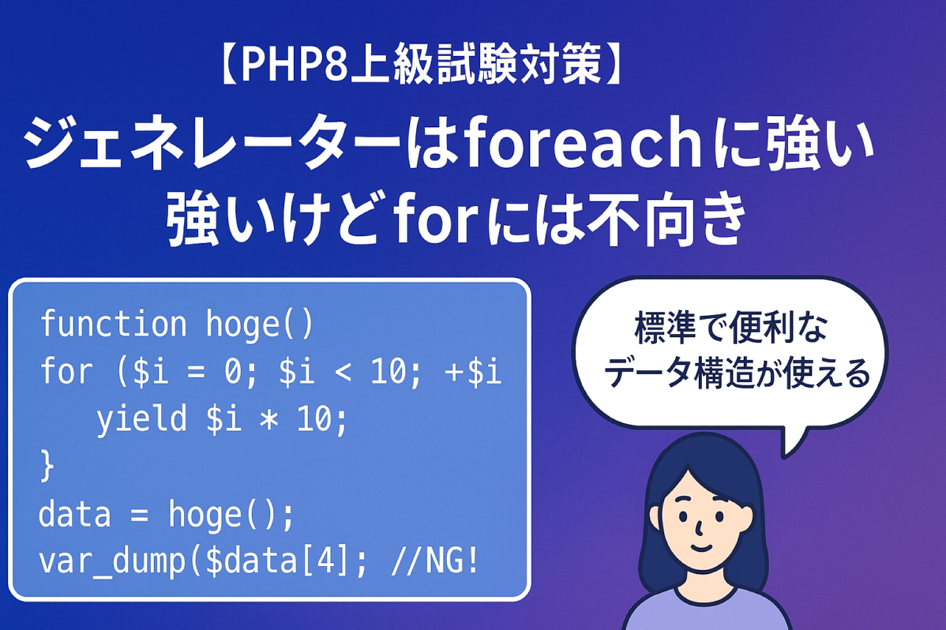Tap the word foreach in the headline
582,142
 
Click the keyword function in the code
114,324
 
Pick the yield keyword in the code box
142,418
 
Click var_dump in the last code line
112,561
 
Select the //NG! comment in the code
435,561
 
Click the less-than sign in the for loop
343,371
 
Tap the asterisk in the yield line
268,418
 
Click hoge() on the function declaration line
260,324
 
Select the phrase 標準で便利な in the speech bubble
730,328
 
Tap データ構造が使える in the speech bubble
737,373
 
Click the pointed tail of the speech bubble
785,455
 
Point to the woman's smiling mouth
701,547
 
